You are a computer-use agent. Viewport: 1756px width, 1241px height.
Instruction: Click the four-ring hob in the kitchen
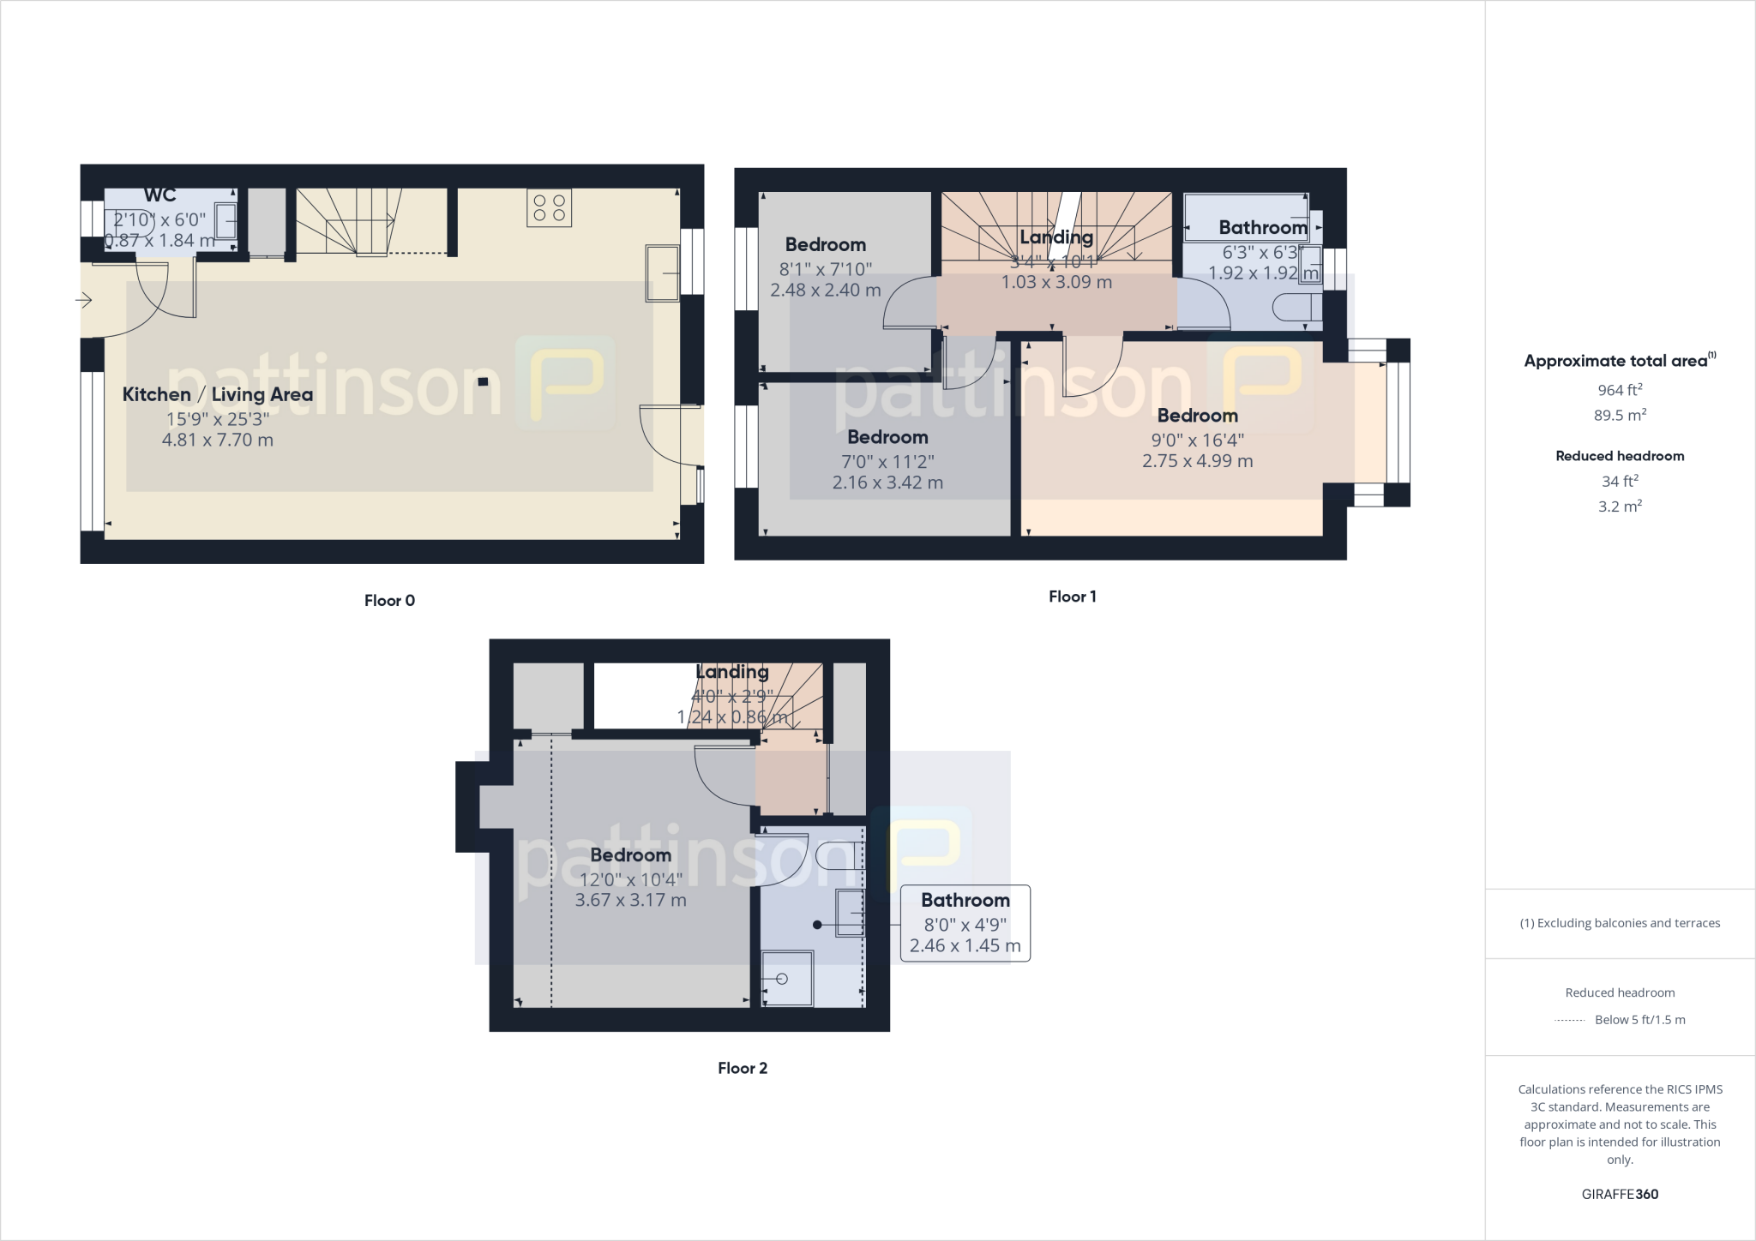(549, 207)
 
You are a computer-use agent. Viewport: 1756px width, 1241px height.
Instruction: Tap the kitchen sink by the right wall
(662, 273)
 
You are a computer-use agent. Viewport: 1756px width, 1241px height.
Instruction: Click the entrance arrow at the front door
(84, 301)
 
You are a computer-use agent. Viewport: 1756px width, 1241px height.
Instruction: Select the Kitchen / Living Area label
(218, 394)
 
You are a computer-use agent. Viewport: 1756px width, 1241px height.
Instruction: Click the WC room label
(159, 195)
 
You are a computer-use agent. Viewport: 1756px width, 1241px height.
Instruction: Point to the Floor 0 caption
(389, 601)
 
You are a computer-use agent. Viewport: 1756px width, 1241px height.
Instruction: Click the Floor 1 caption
(1072, 597)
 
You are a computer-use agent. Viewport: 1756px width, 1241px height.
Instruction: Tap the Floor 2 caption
(743, 1068)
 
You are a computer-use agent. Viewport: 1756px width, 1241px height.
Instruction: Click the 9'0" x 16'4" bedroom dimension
(1197, 440)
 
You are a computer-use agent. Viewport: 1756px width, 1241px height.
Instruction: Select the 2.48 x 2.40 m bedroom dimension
(825, 291)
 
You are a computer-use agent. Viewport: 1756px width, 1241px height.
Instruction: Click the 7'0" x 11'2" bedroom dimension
(887, 461)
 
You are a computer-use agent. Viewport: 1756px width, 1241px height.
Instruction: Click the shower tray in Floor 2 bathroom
(786, 978)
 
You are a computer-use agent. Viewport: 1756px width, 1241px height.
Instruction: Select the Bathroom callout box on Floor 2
(965, 923)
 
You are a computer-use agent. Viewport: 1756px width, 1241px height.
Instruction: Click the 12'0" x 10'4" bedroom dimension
(630, 879)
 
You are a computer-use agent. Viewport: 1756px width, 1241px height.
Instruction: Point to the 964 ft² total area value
(1620, 390)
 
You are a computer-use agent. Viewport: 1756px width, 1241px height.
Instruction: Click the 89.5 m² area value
(1620, 416)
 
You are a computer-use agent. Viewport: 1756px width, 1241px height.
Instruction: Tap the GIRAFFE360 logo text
(1620, 1194)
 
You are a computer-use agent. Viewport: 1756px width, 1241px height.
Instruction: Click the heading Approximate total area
(1618, 361)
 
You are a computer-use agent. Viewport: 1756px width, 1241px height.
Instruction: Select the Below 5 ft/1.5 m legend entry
(1639, 1020)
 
